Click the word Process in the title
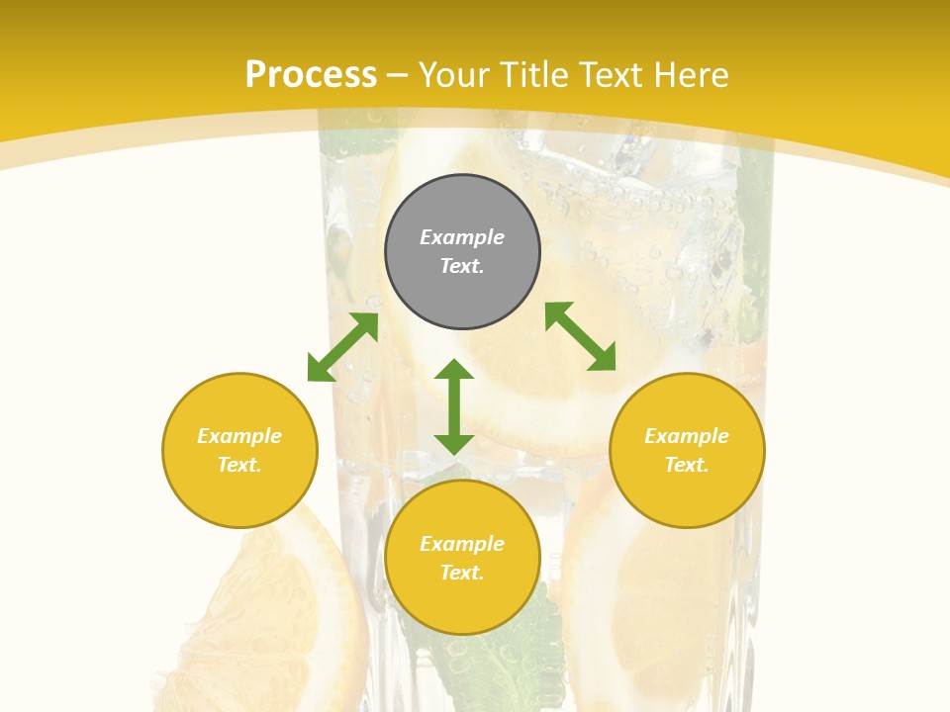tap(311, 75)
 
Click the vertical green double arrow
tap(454, 406)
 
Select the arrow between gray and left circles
tap(342, 347)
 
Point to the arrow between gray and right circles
tap(580, 336)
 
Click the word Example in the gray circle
tap(462, 237)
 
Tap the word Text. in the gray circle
tap(462, 266)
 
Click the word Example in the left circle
tap(239, 436)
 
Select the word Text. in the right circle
tap(687, 465)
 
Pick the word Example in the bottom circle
tap(462, 544)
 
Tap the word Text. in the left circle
tap(239, 465)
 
